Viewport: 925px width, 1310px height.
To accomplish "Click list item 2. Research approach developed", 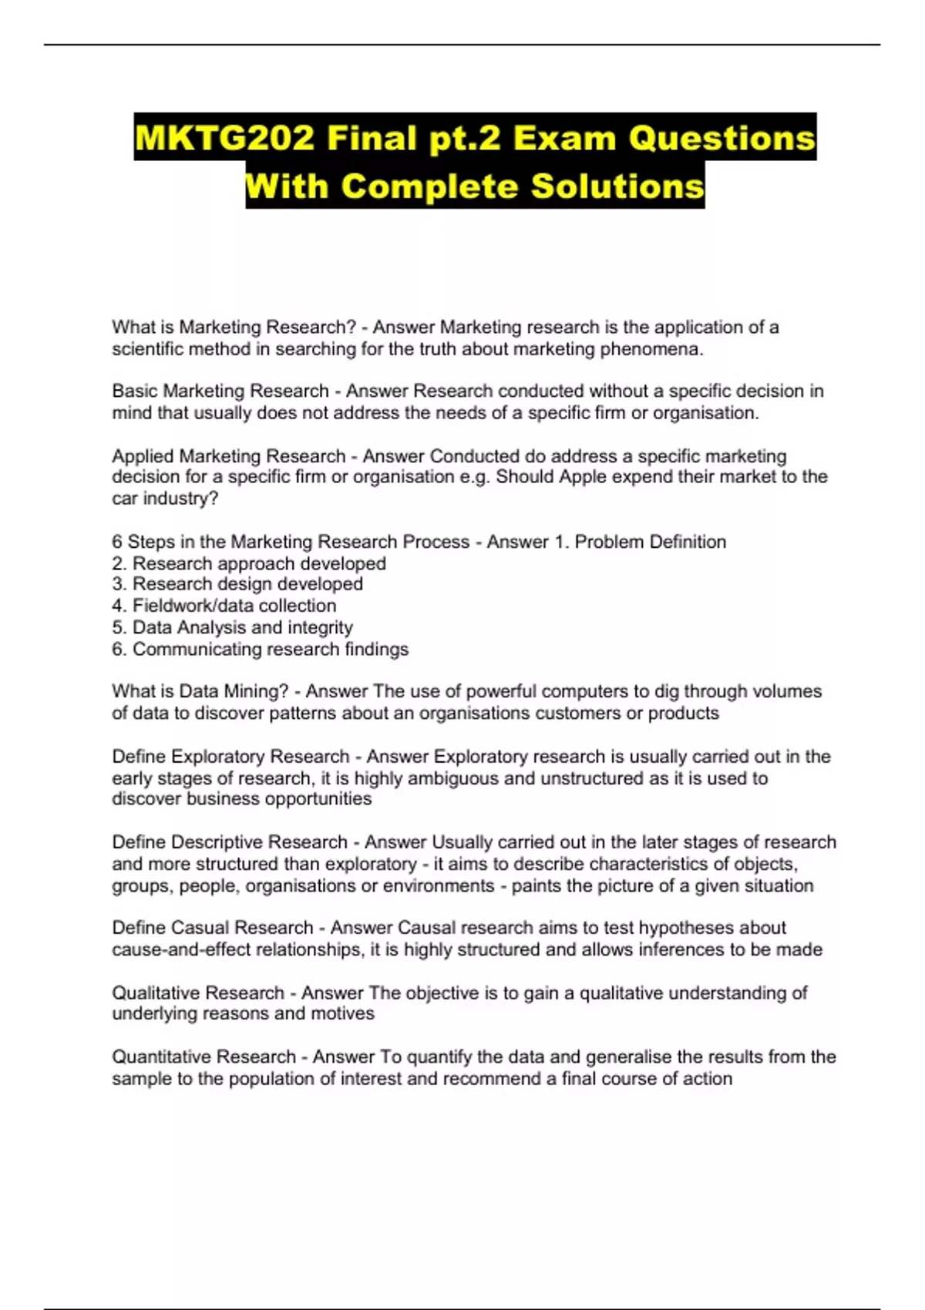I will tap(249, 563).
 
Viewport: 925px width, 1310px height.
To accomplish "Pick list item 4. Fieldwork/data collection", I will tap(224, 606).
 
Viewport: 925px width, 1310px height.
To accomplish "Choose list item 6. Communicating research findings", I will tap(260, 649).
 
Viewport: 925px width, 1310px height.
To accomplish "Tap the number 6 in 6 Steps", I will tap(117, 542).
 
